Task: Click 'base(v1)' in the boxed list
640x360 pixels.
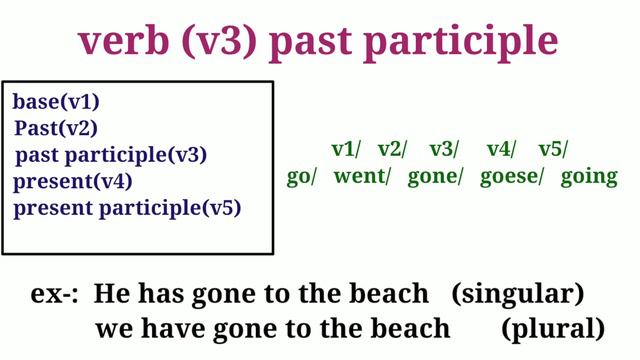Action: [x=56, y=102]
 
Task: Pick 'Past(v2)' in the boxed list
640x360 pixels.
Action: [x=56, y=128]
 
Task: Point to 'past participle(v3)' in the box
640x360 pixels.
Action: [x=111, y=155]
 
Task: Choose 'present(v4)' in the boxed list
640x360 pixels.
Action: [x=73, y=182]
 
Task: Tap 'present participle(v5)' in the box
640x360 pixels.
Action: [x=127, y=208]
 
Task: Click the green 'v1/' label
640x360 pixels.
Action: [x=346, y=150]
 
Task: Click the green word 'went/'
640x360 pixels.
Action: [x=363, y=177]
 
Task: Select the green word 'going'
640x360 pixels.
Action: [x=589, y=177]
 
